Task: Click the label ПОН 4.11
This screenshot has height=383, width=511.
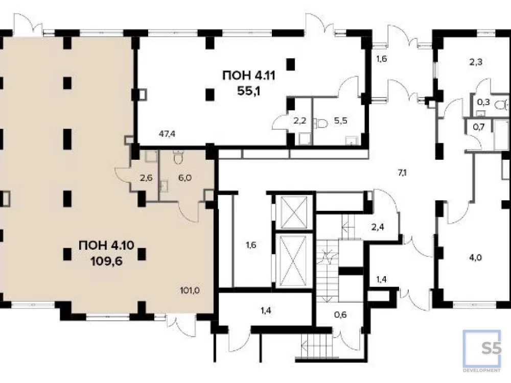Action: pos(249,76)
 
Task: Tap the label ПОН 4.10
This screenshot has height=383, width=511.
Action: pos(106,245)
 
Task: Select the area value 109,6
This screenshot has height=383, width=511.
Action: pos(107,261)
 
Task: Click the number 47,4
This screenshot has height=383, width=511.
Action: pos(167,133)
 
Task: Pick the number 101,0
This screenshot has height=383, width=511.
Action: pos(190,290)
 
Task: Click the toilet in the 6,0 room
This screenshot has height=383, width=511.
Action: pos(178,157)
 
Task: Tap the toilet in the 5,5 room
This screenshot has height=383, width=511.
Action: pos(320,123)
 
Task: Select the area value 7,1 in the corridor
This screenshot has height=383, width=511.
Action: pos(402,173)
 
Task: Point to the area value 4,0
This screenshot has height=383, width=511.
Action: pos(475,257)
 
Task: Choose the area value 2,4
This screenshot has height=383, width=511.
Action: pos(378,227)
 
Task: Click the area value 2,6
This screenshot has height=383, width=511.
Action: pos(146,178)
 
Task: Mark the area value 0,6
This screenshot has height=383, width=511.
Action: pos(340,315)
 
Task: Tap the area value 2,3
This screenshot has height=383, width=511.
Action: pos(476,62)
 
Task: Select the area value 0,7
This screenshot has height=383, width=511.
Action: pos(479,127)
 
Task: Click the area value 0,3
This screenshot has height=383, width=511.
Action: pos(483,102)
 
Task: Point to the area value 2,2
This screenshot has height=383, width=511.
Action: pos(300,121)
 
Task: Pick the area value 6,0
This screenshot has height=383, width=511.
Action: pos(185,178)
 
